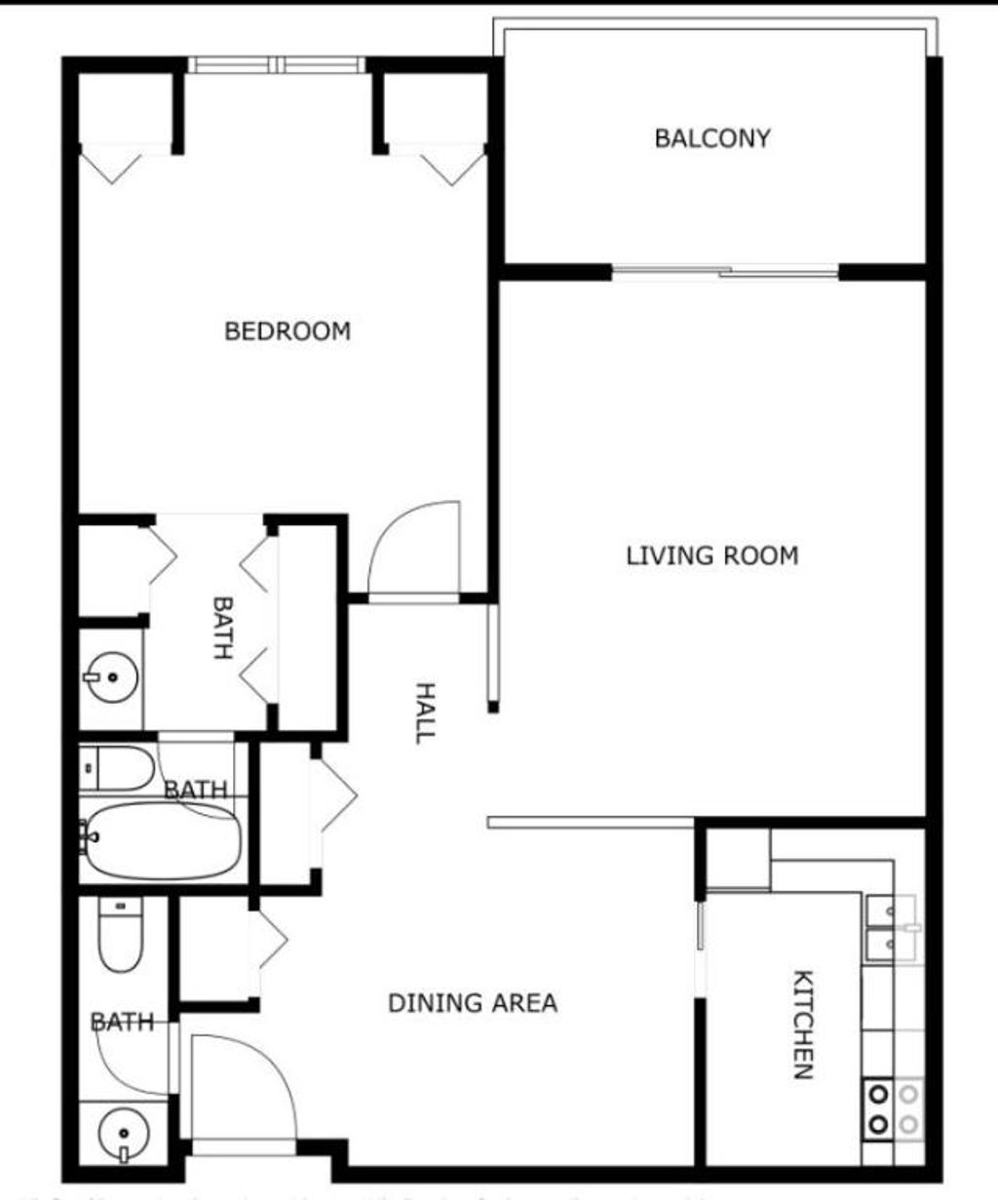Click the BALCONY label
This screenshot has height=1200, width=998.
coord(712,138)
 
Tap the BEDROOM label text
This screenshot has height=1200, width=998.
coord(288,331)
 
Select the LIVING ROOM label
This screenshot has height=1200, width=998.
coord(711,556)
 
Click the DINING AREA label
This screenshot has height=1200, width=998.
coord(473,1002)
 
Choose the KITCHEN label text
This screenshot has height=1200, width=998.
coord(802,1024)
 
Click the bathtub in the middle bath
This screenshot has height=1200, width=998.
coord(161,838)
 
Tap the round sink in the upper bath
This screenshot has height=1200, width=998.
coord(110,676)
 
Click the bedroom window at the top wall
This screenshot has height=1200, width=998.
coord(277,65)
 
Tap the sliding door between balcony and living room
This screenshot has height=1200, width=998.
coord(726,272)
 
